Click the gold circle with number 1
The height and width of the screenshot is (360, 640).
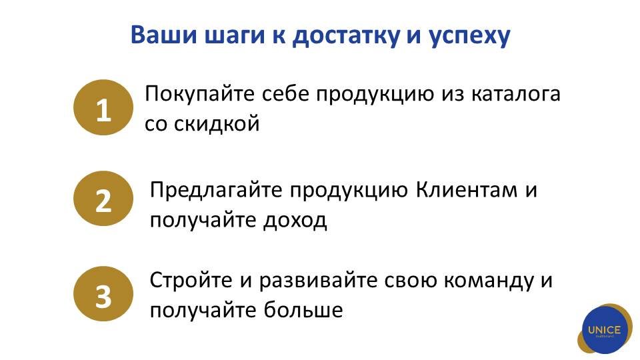(103, 107)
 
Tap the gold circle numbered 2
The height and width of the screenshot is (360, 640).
(103, 199)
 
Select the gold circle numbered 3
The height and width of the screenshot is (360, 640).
(103, 294)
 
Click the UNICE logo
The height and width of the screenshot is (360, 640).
(605, 329)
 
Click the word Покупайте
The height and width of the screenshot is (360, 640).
(199, 94)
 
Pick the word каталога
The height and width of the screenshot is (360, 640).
(516, 94)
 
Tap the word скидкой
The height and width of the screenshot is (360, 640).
(217, 123)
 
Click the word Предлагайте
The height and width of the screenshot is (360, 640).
(216, 190)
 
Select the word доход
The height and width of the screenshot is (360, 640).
(295, 221)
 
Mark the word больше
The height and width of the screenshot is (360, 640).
(303, 309)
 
